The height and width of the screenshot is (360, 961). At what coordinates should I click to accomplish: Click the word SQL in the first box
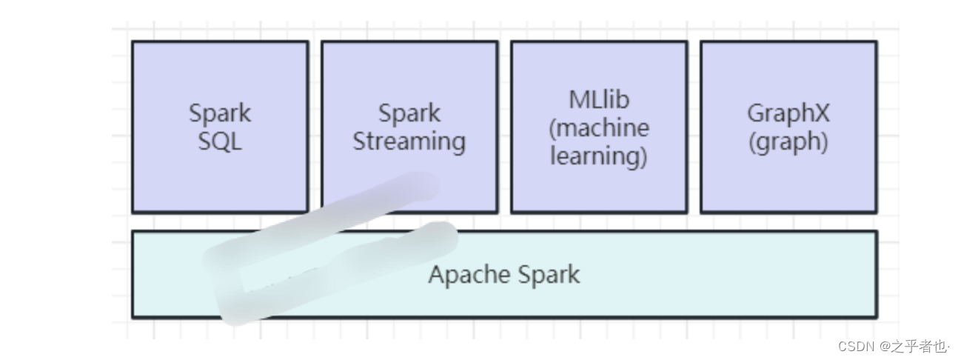(x=220, y=141)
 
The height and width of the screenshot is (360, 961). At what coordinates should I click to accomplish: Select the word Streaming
(x=409, y=141)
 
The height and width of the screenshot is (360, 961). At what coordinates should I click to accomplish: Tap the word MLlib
(x=599, y=99)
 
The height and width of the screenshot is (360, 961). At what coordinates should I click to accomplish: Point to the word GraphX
(x=788, y=113)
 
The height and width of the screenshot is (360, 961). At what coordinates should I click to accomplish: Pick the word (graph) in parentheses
(x=788, y=141)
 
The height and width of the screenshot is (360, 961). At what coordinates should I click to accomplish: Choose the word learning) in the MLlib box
(x=599, y=156)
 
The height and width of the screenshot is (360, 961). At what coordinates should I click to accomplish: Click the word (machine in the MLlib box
(x=599, y=127)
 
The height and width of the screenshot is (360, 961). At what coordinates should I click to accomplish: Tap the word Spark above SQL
(x=220, y=113)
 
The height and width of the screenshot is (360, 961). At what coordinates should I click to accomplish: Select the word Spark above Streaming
(x=409, y=113)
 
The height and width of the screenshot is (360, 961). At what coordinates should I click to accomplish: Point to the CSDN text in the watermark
(x=857, y=346)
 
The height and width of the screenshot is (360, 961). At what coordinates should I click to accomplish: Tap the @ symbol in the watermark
(x=885, y=346)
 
